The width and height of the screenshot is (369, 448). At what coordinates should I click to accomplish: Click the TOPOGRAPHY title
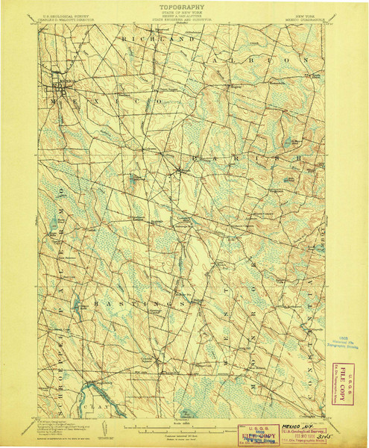point(184,6)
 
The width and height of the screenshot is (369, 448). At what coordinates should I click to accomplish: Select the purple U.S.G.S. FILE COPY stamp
point(252,434)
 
